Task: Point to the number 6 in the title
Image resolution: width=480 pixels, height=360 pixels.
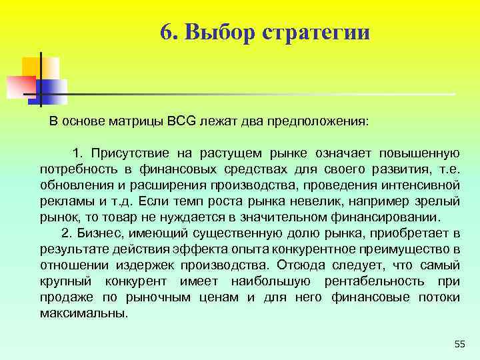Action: [166, 31]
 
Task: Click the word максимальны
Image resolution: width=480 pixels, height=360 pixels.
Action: [83, 313]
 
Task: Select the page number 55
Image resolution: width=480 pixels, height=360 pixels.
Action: [459, 343]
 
